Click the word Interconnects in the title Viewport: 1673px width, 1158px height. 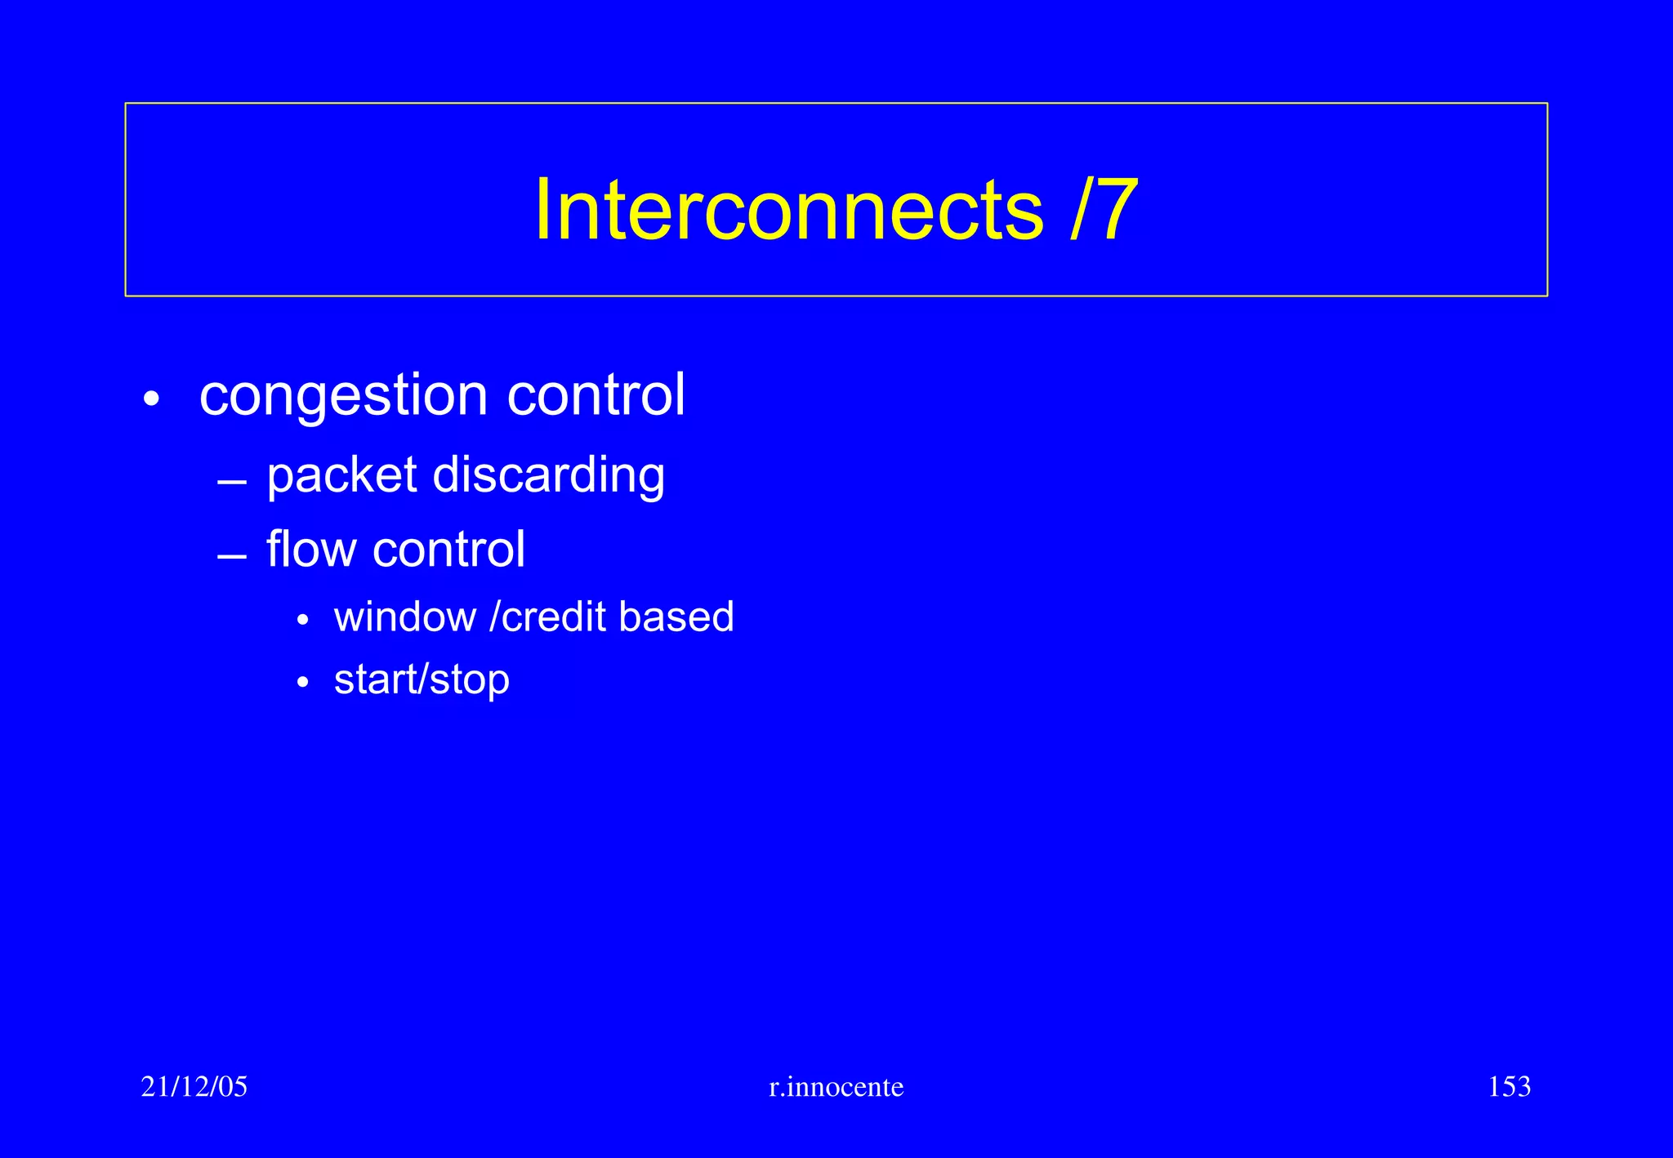(788, 210)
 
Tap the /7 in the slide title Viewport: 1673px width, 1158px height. (1104, 210)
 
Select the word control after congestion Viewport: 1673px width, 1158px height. (596, 395)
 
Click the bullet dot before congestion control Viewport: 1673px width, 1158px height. (150, 400)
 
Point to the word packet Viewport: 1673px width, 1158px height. (342, 476)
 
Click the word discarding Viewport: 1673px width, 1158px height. (548, 476)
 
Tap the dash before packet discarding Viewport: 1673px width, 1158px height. (232, 483)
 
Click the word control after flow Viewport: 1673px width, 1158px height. (448, 549)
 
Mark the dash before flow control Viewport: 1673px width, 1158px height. (232, 558)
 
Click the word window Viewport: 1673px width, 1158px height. (405, 617)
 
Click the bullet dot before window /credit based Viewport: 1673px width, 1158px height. (303, 621)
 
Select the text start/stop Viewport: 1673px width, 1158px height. (422, 680)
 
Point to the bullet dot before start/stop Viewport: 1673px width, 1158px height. (303, 683)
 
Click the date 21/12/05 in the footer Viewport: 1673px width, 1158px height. (194, 1087)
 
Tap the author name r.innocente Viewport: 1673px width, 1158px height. (836, 1087)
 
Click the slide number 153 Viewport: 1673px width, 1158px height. (1509, 1087)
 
